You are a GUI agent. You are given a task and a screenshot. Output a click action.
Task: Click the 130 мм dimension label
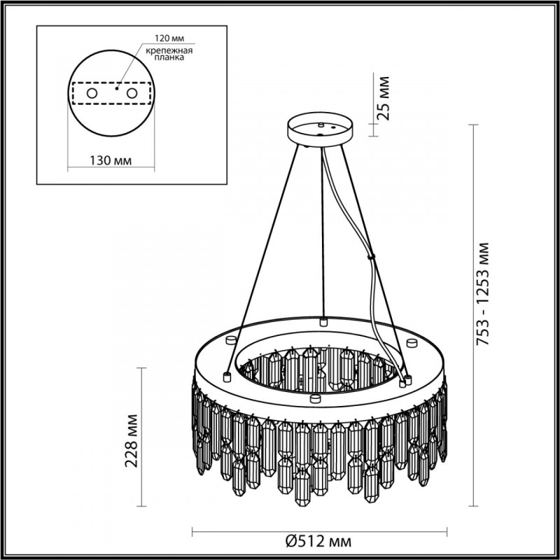click(x=111, y=161)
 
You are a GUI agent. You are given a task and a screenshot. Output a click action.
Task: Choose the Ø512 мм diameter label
click(x=318, y=541)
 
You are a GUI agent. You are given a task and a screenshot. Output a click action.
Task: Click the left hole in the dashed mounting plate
click(x=90, y=92)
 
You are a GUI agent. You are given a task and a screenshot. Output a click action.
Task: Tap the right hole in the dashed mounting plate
click(x=131, y=92)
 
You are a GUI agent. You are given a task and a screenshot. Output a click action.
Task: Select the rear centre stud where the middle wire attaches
click(x=323, y=321)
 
